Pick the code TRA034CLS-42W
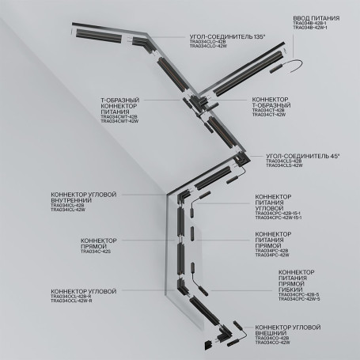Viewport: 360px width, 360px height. [284, 166]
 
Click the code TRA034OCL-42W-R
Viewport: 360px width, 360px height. [72, 301]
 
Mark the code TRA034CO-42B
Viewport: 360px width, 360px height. [275, 339]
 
